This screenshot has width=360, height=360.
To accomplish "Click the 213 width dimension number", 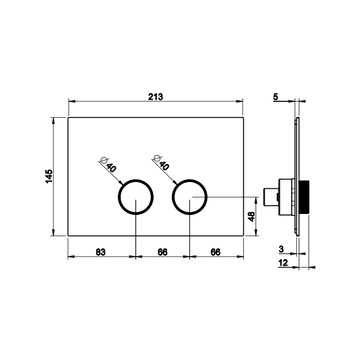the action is (155, 97).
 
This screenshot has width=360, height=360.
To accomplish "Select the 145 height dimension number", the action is (49, 176).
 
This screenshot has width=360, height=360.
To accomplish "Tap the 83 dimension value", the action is (101, 252).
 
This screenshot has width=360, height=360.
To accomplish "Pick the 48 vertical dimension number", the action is (251, 217).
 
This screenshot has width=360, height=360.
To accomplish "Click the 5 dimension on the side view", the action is (276, 97).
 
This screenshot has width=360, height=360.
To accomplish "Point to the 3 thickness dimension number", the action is (281, 249).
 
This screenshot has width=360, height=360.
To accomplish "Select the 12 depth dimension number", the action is (283, 263).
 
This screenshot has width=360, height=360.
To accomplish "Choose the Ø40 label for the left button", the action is (109, 165).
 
